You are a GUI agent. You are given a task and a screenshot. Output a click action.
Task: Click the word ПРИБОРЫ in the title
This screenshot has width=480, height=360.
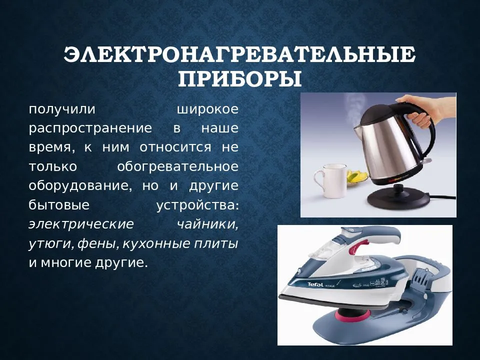(x=239, y=79)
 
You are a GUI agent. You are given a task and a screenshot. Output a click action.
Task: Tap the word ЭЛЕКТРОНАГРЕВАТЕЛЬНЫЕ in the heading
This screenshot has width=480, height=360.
(x=239, y=54)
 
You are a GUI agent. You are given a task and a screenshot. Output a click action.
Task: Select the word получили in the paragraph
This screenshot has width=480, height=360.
(x=62, y=109)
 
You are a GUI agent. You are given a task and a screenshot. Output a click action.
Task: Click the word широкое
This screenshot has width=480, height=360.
(x=208, y=109)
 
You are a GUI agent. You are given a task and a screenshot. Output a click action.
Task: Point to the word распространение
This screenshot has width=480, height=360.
(x=90, y=128)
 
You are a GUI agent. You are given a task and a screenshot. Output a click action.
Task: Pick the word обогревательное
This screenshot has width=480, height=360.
(x=178, y=167)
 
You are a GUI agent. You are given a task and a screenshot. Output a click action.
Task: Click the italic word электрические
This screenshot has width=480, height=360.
(x=81, y=224)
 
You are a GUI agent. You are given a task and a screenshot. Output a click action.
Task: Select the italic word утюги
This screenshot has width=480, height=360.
(x=52, y=244)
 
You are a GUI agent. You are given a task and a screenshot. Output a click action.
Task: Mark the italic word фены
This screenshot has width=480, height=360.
(x=98, y=244)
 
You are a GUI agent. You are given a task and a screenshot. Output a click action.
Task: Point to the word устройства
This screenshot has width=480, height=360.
(x=197, y=205)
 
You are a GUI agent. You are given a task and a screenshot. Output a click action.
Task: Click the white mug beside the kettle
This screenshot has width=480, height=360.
(x=330, y=180)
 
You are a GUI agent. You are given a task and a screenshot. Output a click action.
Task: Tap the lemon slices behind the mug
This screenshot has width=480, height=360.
(x=356, y=177)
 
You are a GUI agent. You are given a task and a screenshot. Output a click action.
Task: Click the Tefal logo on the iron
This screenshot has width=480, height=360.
(x=315, y=284)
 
